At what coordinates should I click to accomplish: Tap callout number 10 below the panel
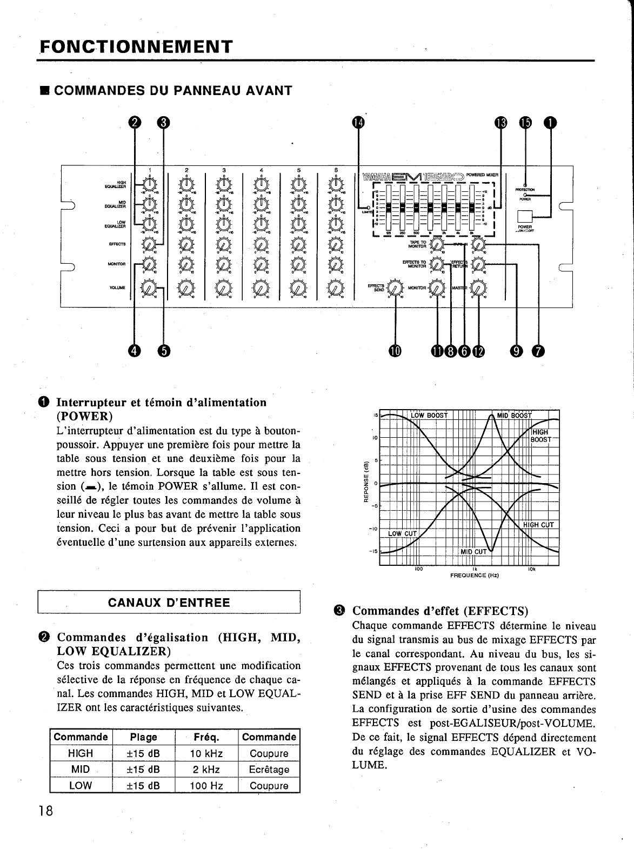pyautogui.click(x=395, y=351)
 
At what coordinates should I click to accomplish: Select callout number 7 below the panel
pyautogui.click(x=538, y=351)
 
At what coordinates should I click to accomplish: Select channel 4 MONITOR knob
pyautogui.click(x=261, y=264)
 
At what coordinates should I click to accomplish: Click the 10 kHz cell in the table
pyautogui.click(x=206, y=753)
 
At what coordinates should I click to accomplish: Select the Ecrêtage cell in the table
pyautogui.click(x=269, y=770)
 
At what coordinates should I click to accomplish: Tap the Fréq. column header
pyautogui.click(x=206, y=737)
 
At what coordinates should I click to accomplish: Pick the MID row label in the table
pyautogui.click(x=81, y=770)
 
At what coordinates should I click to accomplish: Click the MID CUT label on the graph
pyautogui.click(x=473, y=552)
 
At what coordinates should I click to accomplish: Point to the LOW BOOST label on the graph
pyautogui.click(x=429, y=415)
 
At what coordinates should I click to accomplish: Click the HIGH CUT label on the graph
pyautogui.click(x=538, y=525)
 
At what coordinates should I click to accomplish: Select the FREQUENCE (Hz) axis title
pyautogui.click(x=474, y=576)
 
